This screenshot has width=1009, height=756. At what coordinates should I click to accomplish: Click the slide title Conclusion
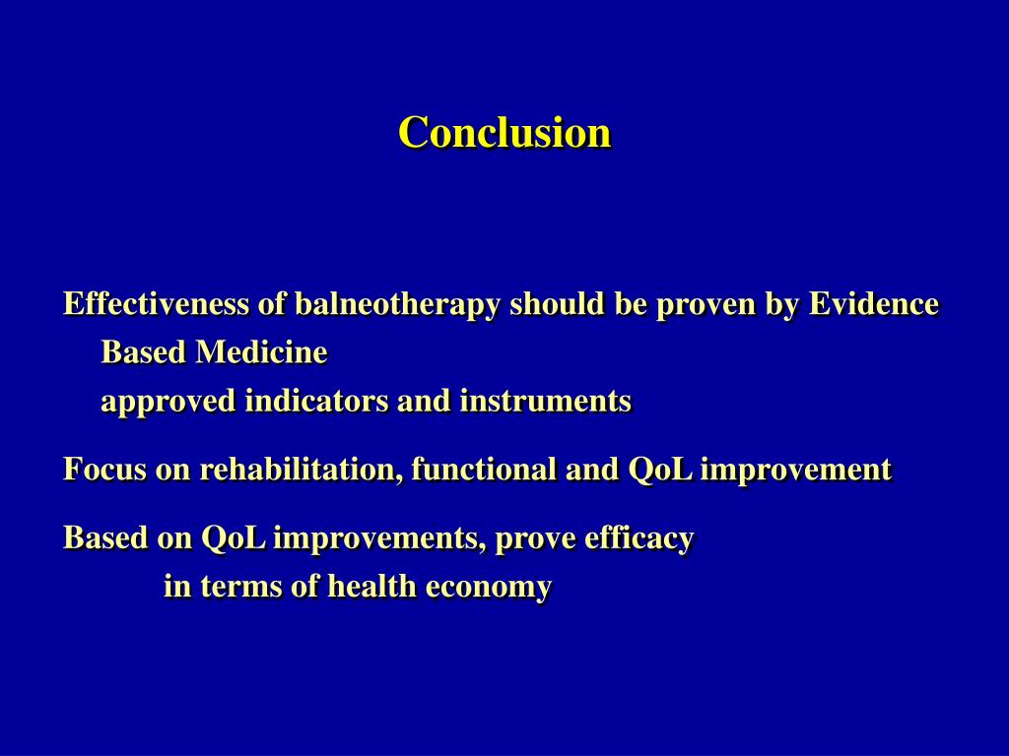pyautogui.click(x=504, y=133)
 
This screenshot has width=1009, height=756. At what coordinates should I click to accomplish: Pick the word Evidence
pyautogui.click(x=874, y=303)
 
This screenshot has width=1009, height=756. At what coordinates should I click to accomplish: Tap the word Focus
pyautogui.click(x=104, y=469)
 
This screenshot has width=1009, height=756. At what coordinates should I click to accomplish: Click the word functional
pyautogui.click(x=484, y=469)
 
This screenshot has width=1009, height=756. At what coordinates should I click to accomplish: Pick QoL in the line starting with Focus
pyautogui.click(x=661, y=470)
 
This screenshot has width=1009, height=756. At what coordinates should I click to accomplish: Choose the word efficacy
pyautogui.click(x=639, y=538)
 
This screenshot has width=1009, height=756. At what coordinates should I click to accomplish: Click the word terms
pyautogui.click(x=240, y=587)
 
